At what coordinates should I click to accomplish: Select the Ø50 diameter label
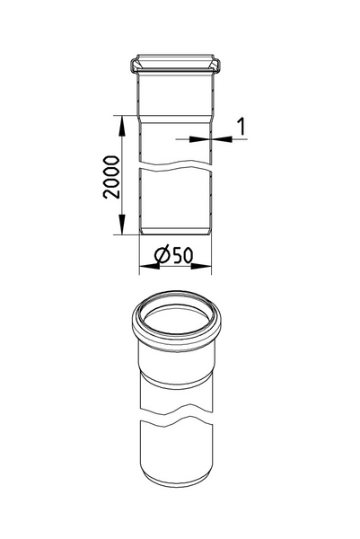pos(175,256)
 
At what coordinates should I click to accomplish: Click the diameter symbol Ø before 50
pos(162,256)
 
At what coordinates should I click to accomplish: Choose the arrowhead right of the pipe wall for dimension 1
pos(216,138)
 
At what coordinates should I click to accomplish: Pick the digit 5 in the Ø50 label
pos(177,256)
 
